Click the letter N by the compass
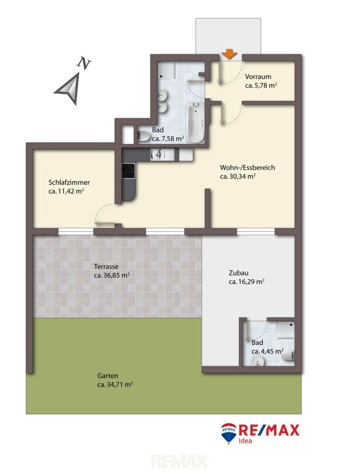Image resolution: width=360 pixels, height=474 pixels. [84, 63]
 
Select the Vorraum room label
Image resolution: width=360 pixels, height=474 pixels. [258, 76]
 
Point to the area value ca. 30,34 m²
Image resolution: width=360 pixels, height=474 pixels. [238, 176]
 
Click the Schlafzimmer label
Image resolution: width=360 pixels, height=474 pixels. [69, 182]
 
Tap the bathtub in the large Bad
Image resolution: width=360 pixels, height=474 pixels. [195, 122]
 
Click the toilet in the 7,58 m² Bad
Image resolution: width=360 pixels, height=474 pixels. [144, 137]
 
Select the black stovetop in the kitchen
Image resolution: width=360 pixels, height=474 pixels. [128, 171]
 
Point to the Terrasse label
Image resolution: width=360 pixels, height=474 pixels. [106, 267]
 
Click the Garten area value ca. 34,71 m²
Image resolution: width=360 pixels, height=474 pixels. [115, 385]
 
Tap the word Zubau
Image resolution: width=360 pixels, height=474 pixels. [239, 273]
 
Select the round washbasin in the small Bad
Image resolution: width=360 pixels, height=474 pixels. [258, 360]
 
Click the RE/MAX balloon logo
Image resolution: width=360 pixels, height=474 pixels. [229, 433]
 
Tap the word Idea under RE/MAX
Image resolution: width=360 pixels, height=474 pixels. [246, 441]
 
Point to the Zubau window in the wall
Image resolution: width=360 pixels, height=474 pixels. [256, 231]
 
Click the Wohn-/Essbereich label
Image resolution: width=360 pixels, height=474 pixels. [247, 167]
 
